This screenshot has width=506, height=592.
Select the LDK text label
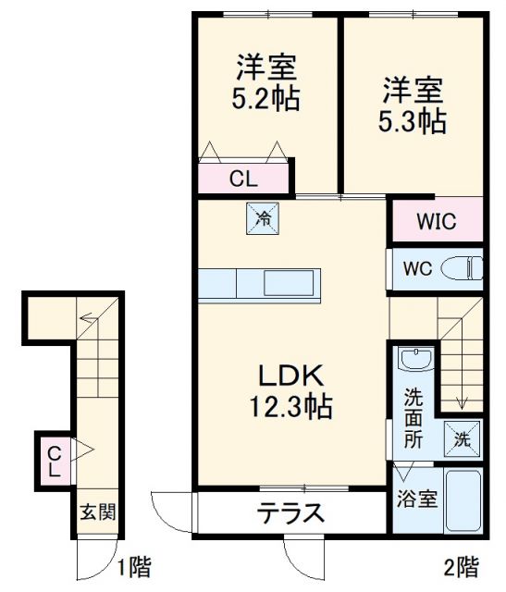(289, 376)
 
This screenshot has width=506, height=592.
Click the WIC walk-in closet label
(435, 222)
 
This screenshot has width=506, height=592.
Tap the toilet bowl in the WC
(463, 269)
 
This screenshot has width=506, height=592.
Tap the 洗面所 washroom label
(413, 417)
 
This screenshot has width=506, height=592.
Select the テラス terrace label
(290, 512)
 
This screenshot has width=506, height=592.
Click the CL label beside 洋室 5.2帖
(243, 179)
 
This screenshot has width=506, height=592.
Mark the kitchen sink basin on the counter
(290, 282)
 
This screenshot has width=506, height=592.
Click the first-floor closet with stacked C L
(54, 460)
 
